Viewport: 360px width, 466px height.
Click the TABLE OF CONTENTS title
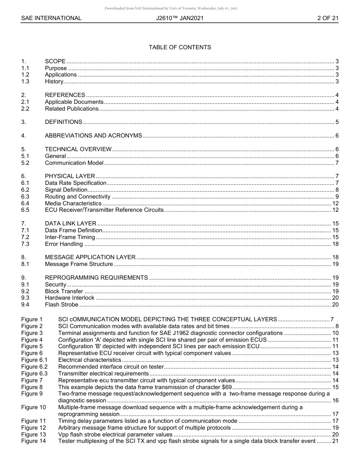(x=180, y=47)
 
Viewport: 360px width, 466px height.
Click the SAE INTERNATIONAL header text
(x=51, y=18)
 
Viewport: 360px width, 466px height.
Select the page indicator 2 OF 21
(x=328, y=18)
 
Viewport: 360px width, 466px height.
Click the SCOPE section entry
(x=55, y=61)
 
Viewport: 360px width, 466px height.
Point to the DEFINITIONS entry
(x=63, y=122)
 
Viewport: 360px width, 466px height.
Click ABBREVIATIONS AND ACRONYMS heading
(x=93, y=136)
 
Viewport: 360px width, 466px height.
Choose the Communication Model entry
(x=74, y=163)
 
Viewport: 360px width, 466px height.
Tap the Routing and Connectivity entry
(x=77, y=197)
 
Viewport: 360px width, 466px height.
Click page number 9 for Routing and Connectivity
(x=337, y=197)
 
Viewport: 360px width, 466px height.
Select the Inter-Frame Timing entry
(x=70, y=237)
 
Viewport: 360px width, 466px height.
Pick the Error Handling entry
(x=64, y=244)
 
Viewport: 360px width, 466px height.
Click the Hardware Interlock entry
(x=69, y=298)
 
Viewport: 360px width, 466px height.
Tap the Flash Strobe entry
(x=61, y=305)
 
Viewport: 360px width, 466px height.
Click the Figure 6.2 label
(x=34, y=367)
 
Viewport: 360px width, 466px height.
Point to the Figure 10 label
(x=33, y=407)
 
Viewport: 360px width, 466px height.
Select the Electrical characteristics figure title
(x=89, y=360)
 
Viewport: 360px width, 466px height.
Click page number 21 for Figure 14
(x=335, y=441)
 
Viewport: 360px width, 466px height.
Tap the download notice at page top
(x=171, y=8)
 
